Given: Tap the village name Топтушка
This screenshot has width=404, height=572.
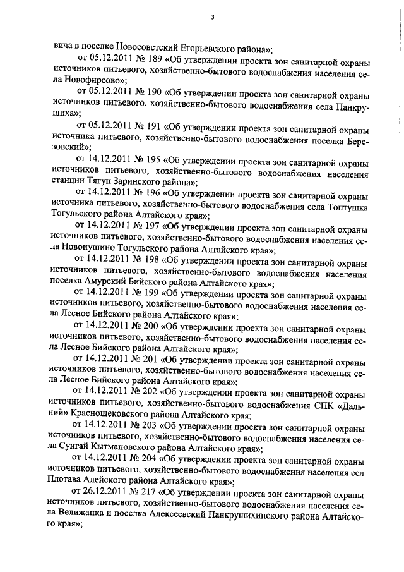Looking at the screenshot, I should tap(342, 205).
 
